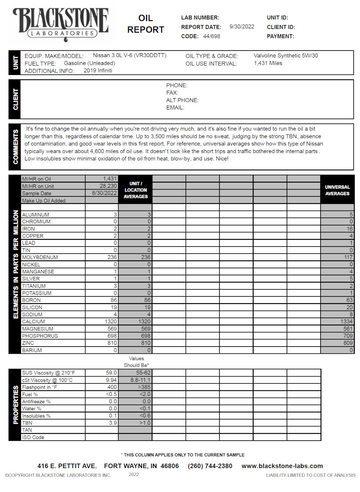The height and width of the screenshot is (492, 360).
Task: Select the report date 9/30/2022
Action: [x=241, y=27]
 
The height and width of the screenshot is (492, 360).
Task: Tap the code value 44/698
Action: [x=211, y=36]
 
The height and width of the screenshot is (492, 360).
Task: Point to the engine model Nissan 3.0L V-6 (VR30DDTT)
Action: [x=129, y=55]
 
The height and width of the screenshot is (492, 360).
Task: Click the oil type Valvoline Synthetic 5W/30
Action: [x=285, y=55]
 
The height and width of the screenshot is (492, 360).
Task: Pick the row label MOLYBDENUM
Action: [x=40, y=257]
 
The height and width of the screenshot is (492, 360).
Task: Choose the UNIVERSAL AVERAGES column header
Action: [x=337, y=190]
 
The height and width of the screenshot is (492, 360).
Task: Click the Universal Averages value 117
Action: [x=348, y=257]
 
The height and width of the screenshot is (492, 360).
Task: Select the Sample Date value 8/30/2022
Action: [x=104, y=193]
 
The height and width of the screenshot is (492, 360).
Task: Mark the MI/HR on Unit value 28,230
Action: [x=108, y=186]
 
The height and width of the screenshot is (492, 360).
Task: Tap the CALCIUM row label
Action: [x=33, y=322]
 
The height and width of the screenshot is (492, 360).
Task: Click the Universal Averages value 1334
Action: [x=346, y=322]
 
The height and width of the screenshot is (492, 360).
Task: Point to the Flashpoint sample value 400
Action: [x=112, y=387]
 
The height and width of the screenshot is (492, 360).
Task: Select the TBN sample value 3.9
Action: [x=113, y=423]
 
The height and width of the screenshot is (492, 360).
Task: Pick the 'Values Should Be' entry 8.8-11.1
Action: [x=140, y=380]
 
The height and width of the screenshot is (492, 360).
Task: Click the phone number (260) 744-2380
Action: [x=210, y=466]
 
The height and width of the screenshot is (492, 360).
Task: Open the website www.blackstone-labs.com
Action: [x=282, y=466]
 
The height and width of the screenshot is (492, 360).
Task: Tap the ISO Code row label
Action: [x=33, y=437]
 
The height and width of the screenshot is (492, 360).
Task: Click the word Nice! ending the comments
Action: [x=222, y=159]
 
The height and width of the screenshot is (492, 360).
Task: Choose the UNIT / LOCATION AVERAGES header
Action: [x=135, y=190]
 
